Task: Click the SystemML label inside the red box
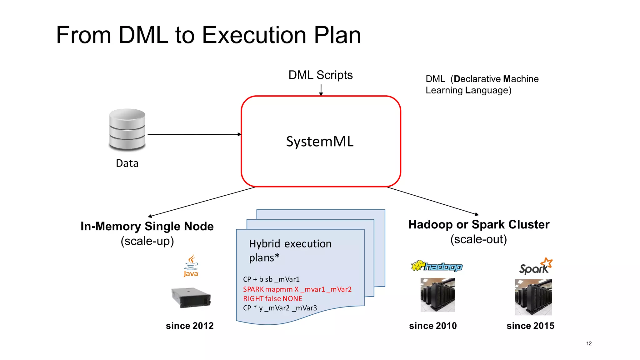click(x=320, y=142)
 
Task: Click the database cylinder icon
click(x=127, y=129)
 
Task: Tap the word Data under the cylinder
click(x=127, y=163)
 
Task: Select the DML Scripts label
click(x=320, y=75)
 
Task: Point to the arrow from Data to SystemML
click(x=194, y=134)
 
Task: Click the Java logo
click(x=191, y=266)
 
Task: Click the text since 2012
click(x=190, y=326)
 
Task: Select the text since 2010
click(x=433, y=326)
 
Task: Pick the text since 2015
click(x=530, y=326)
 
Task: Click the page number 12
click(x=589, y=343)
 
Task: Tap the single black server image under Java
click(x=191, y=297)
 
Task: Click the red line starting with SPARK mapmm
click(x=297, y=289)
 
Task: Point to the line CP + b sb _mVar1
click(x=271, y=279)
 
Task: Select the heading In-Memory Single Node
click(x=147, y=226)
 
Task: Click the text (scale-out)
click(x=478, y=239)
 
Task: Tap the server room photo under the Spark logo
click(x=533, y=297)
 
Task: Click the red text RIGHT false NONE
click(x=272, y=299)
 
